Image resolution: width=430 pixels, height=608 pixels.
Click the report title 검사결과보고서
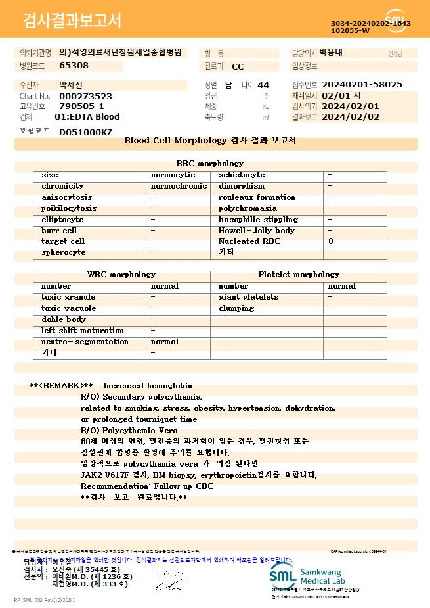tap(72, 21)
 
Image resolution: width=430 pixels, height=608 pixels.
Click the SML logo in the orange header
tap(396, 20)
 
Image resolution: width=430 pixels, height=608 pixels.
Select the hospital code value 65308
tap(74, 66)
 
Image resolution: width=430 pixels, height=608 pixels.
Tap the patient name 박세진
tap(72, 85)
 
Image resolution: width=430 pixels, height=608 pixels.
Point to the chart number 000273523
tap(85, 96)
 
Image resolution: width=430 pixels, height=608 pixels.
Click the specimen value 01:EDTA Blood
tap(87, 117)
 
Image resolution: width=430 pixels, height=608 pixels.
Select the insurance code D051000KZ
tap(85, 132)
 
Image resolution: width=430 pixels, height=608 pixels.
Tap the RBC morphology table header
tap(210, 164)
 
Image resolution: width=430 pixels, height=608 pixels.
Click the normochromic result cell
tap(179, 186)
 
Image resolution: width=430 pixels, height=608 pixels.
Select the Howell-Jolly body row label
tap(257, 231)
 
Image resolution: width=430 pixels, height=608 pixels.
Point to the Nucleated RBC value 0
tap(331, 242)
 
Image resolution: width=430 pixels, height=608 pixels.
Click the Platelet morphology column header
tap(299, 275)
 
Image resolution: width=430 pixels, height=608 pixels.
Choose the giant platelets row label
tap(248, 297)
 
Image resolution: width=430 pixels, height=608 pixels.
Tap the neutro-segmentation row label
tap(85, 342)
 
